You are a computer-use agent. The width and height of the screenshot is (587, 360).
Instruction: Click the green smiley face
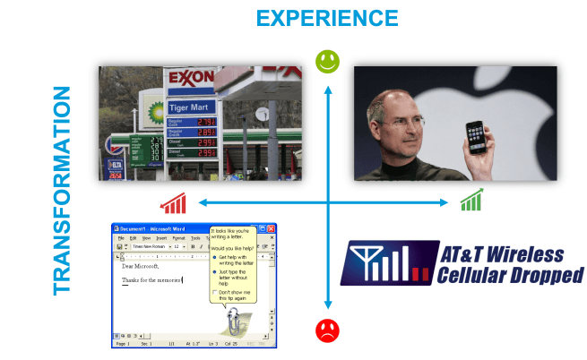click(x=328, y=62)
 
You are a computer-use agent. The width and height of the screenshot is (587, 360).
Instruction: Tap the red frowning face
click(x=328, y=330)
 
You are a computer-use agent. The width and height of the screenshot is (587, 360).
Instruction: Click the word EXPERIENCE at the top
click(x=327, y=18)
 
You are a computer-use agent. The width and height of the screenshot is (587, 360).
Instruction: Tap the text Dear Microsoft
click(x=141, y=266)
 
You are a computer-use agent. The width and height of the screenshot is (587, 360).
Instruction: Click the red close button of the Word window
click(x=272, y=229)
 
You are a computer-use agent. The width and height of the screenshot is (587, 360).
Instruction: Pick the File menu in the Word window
click(x=119, y=238)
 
